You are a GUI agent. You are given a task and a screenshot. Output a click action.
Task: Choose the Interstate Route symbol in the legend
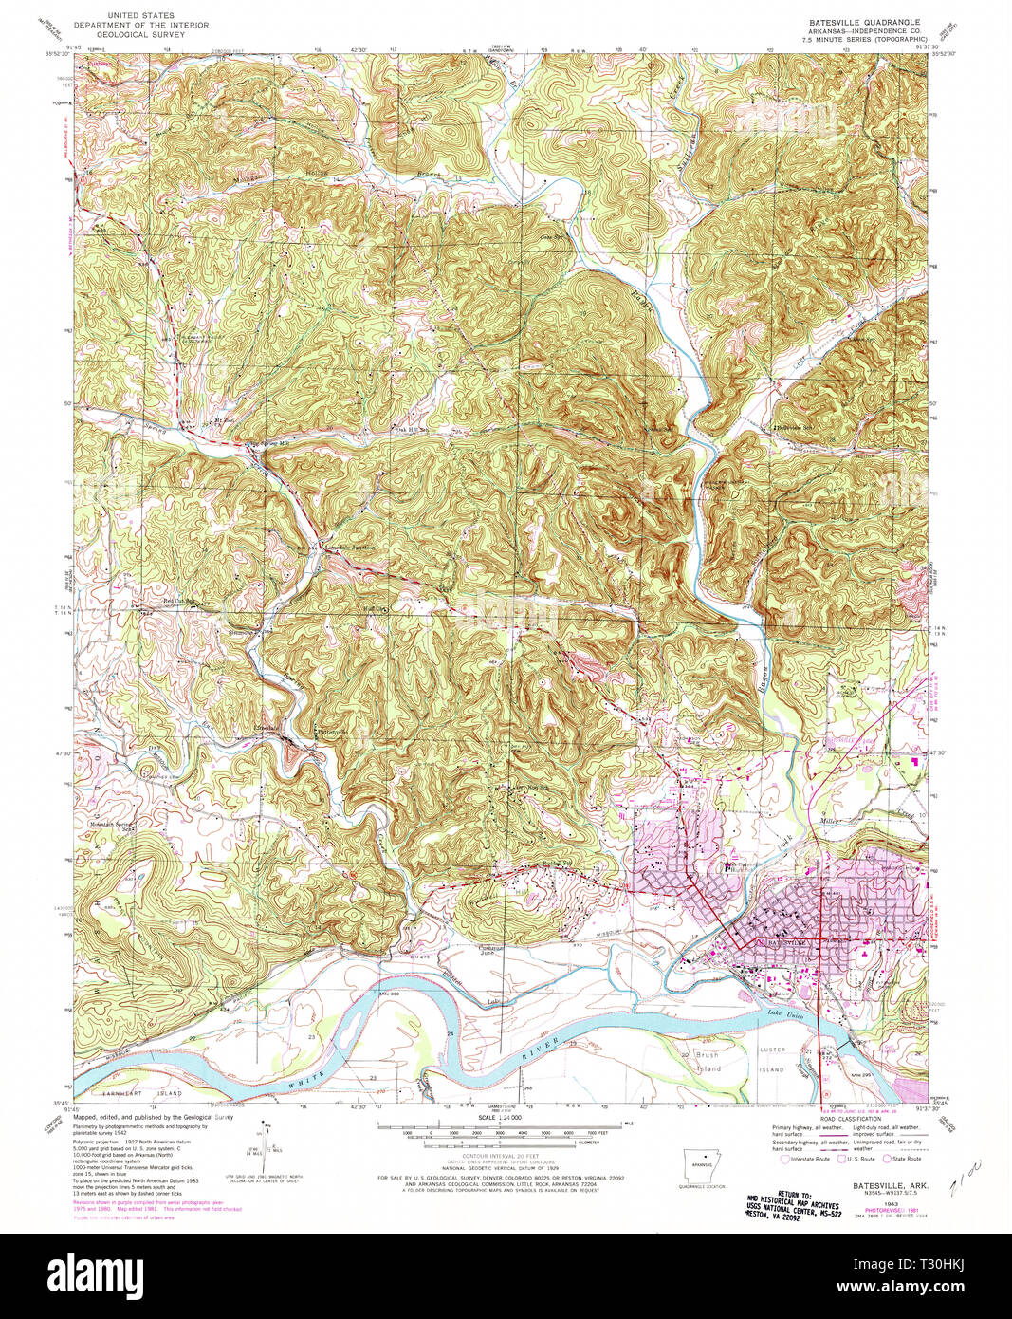[x=784, y=1159]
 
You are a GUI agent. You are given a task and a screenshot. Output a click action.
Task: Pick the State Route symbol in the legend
[x=889, y=1159]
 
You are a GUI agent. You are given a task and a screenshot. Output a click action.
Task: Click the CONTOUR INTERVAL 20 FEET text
[x=499, y=1156]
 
